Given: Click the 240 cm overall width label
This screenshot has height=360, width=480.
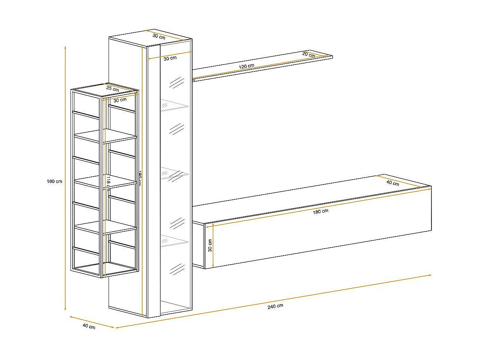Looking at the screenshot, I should point(275,306).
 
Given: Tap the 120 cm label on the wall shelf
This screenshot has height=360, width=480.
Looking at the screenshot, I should point(246,66).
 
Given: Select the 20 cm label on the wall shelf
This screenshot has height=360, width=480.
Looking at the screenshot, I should point(308,54).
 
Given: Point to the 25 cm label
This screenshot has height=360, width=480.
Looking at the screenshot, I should point(112,89).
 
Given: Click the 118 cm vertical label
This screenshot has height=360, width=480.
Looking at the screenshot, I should point(108,183).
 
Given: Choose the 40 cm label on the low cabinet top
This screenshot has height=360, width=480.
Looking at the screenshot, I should point(393,183).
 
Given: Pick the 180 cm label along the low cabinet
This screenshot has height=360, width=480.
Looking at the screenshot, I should point(320,211).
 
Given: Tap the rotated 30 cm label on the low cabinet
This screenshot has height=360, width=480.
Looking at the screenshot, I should point(210,246).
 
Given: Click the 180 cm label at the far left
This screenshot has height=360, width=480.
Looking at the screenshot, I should point(54,181).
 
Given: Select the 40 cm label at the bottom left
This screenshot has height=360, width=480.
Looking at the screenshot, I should point(89,326).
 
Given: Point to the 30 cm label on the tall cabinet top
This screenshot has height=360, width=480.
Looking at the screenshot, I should point(159,36).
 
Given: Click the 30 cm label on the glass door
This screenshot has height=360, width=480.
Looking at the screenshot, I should point(170,58).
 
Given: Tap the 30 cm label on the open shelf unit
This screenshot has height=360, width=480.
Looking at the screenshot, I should point(120,100).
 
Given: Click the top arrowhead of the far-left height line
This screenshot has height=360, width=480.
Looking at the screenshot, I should point(65,47).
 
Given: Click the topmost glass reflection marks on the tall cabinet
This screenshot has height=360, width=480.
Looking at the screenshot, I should point(176,83).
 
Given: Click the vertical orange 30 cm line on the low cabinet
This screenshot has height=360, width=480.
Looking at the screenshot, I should point(213,246).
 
